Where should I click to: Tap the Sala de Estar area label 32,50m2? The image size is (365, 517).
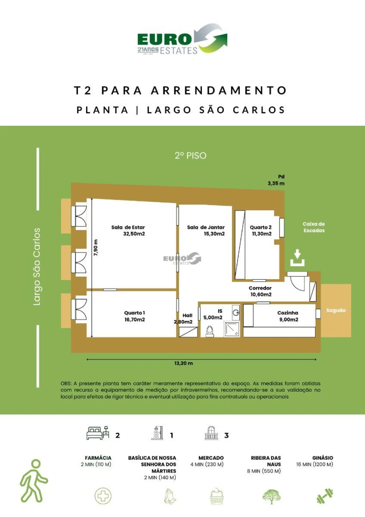coord(134,234)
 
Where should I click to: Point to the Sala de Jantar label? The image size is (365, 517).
coord(206,227)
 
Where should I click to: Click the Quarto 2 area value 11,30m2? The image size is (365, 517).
coord(261,234)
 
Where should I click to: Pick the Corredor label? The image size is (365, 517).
coord(260,288)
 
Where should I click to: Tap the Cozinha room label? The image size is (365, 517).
coord(288,313)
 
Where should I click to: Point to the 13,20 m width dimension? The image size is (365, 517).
coord(183,363)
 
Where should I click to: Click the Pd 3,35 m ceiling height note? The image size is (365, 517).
coord(276,180)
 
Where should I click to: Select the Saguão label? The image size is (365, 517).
coord(336,310)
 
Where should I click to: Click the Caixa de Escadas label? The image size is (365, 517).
coord(313,227)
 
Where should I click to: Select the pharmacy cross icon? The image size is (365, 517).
coord(103,496)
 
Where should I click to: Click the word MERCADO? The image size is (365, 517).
coord(211,458)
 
